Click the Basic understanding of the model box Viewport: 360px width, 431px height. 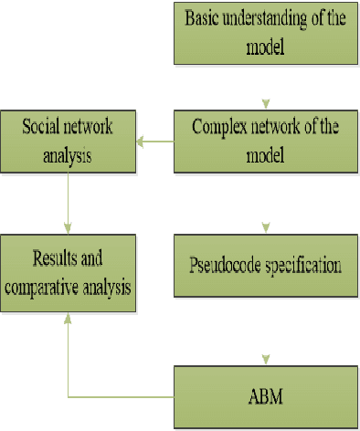tap(266, 32)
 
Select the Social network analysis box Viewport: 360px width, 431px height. tap(68, 141)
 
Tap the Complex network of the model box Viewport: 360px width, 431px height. tap(266, 141)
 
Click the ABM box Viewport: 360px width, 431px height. tap(266, 394)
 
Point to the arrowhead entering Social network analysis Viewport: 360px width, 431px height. tap(141, 141)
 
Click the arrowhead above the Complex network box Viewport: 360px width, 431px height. tap(265, 102)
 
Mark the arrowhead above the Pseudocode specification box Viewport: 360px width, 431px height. tap(265, 226)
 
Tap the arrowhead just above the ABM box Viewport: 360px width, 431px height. tap(265, 356)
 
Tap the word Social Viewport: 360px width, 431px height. tap(43, 124)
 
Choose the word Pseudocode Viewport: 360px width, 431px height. tap(223, 266)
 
